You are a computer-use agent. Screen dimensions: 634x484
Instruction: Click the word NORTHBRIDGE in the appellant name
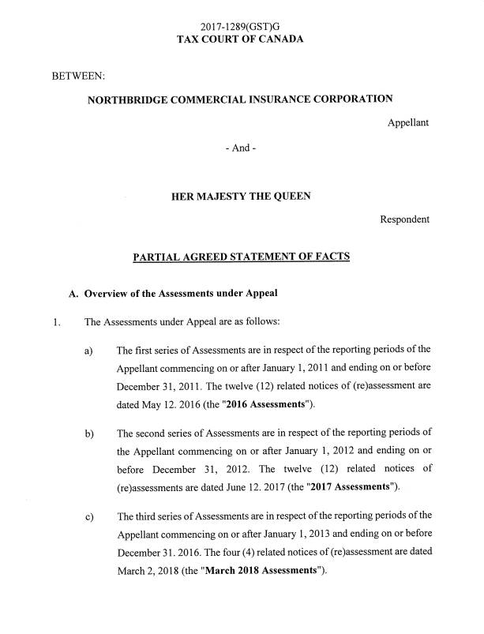coord(129,99)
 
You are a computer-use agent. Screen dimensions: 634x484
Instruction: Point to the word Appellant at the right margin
coord(408,122)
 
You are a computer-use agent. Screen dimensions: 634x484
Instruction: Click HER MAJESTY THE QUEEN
coord(241,197)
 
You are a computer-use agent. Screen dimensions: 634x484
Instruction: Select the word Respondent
coord(405,219)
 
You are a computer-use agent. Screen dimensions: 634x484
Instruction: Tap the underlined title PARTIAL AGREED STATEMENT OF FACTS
coord(241,257)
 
